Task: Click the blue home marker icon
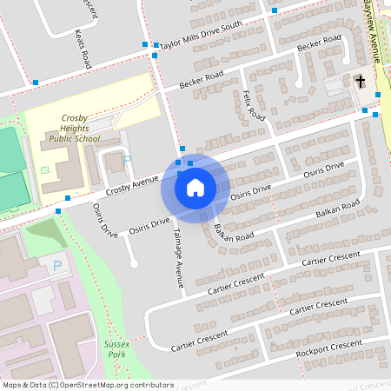pyautogui.click(x=195, y=187)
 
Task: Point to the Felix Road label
pyautogui.click(x=254, y=104)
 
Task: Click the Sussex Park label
pyautogui.click(x=116, y=349)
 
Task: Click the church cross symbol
pyautogui.click(x=359, y=82)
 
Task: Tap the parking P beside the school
pyautogui.click(x=128, y=160)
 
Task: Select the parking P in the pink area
pyautogui.click(x=57, y=265)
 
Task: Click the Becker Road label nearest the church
pyautogui.click(x=319, y=44)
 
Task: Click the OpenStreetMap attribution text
pyautogui.click(x=87, y=384)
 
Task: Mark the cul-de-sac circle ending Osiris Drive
pyautogui.click(x=133, y=263)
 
